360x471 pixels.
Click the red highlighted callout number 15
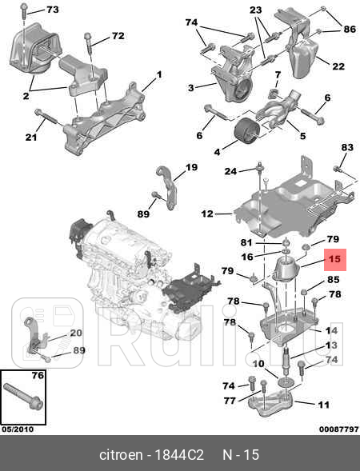tap(334, 259)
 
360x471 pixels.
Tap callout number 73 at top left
tap(53, 10)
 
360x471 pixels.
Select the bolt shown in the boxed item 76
tap(23, 396)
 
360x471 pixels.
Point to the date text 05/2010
tap(18, 429)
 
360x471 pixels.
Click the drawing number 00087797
tap(338, 429)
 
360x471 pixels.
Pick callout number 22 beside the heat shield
tap(338, 66)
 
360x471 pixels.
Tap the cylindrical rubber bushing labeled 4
tap(247, 130)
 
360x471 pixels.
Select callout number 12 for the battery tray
tap(207, 214)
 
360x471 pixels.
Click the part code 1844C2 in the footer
tap(179, 455)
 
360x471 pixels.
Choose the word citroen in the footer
tap(121, 455)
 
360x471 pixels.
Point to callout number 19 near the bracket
tap(191, 167)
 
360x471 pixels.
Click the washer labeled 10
tap(286, 382)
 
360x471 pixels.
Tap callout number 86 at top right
tap(350, 29)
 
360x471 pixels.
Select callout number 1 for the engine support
tap(159, 74)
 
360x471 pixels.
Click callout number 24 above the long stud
tap(230, 171)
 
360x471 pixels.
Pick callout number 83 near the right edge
tap(347, 147)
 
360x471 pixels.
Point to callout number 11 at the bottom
tap(323, 405)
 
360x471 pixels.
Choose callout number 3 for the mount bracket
tap(191, 88)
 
